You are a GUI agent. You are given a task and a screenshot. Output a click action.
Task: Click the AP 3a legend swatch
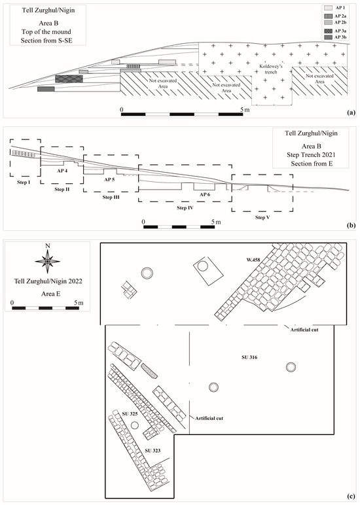click(x=328, y=31)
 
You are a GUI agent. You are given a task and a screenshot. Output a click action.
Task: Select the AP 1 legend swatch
click(x=328, y=8)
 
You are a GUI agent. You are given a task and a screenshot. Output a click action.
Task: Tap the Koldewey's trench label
click(x=271, y=69)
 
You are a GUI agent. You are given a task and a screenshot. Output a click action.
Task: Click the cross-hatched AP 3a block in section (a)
click(x=69, y=79)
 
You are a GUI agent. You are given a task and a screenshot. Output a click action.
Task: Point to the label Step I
click(x=23, y=183)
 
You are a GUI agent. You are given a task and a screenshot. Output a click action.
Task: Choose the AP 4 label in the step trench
click(x=62, y=171)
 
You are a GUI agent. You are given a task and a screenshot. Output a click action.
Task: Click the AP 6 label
click(x=205, y=194)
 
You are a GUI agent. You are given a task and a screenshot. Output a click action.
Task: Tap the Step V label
click(x=262, y=217)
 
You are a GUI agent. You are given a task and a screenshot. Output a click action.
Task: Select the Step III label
click(x=111, y=197)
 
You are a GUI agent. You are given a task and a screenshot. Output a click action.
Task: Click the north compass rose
click(x=48, y=261)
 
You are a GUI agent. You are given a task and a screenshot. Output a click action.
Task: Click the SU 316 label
click(x=249, y=357)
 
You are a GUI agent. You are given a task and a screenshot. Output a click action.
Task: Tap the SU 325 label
click(x=130, y=414)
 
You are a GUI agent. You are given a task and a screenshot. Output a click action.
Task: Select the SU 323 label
click(x=153, y=451)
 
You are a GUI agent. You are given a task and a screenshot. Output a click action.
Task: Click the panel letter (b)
click(x=351, y=226)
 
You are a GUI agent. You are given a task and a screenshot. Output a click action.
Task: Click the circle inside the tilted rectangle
click(x=202, y=266)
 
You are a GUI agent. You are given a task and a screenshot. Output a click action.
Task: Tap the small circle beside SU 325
click(x=135, y=425)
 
